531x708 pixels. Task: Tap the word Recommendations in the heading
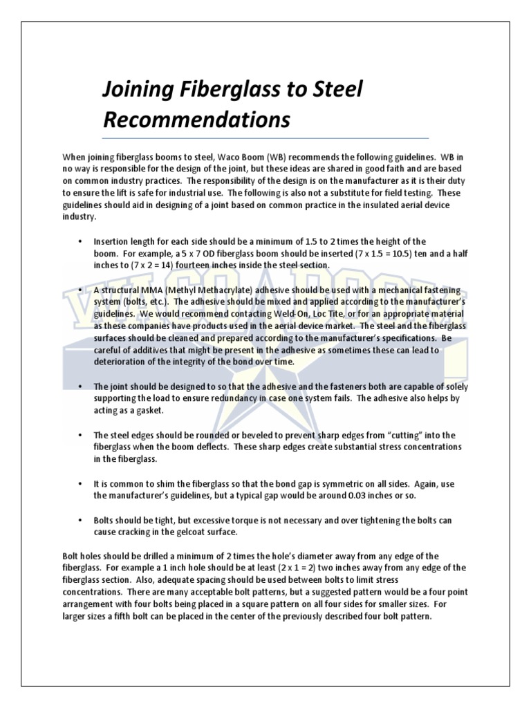[x=196, y=120]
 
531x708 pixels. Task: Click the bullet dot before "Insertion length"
[x=81, y=241]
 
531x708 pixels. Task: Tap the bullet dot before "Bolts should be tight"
[x=81, y=520]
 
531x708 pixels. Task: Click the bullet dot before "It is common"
[x=81, y=484]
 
